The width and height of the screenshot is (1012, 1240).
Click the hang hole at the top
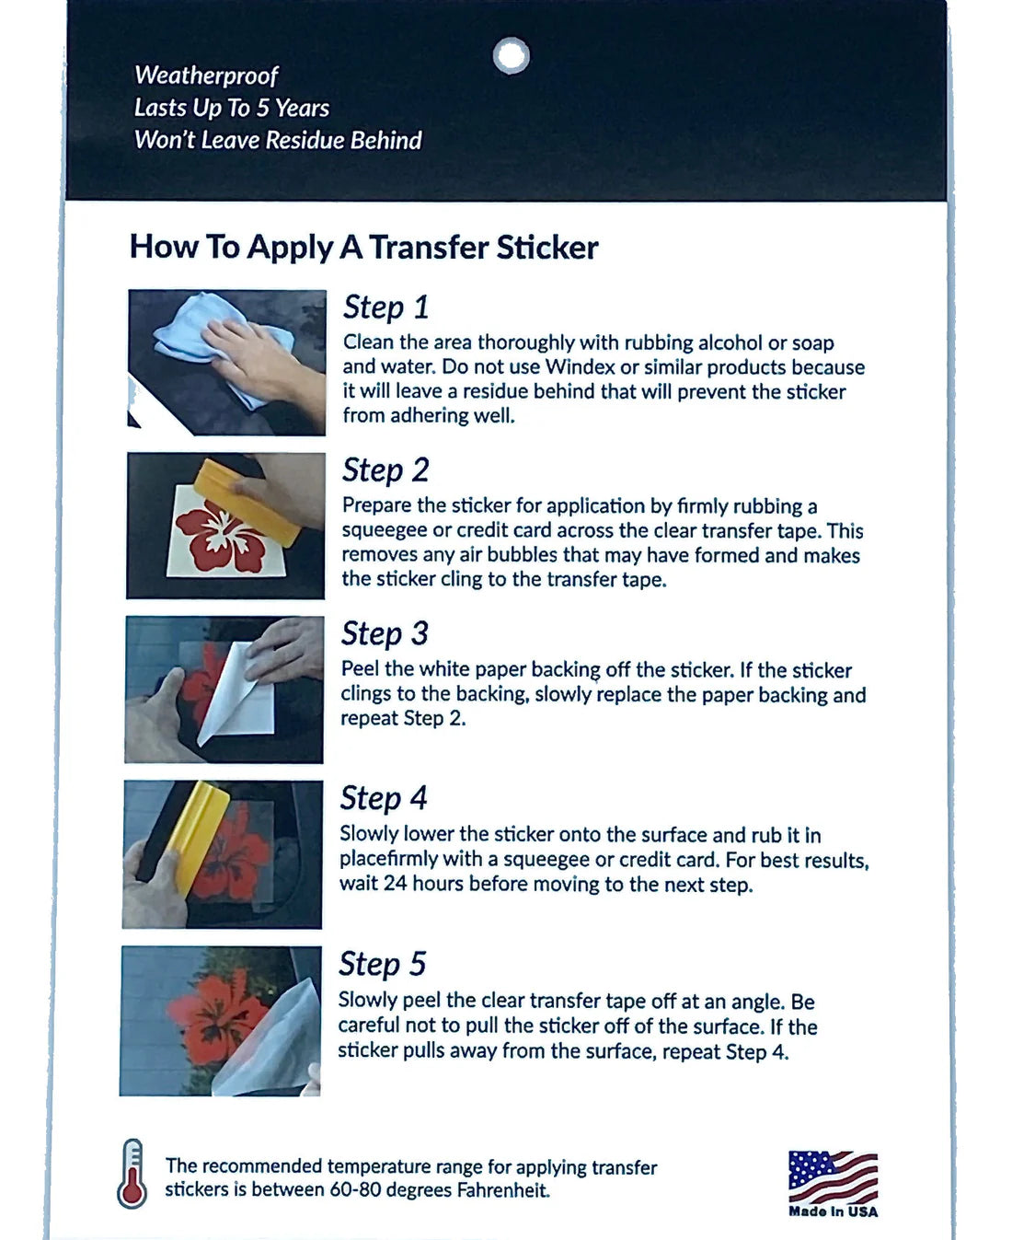(511, 55)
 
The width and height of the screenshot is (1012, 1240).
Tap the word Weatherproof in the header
(206, 75)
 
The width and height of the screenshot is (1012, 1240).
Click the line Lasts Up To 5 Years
(231, 108)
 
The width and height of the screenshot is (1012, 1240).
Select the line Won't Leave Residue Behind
(278, 140)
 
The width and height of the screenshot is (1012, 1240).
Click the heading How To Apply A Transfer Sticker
(363, 247)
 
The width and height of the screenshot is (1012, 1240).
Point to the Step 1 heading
(385, 307)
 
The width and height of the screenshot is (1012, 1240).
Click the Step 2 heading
(385, 470)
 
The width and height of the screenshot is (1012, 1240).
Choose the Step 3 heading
(385, 633)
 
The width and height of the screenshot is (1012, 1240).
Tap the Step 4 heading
(384, 798)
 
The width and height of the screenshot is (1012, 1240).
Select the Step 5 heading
(382, 964)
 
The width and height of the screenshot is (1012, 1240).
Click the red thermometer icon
(132, 1174)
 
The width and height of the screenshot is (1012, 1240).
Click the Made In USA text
(833, 1211)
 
